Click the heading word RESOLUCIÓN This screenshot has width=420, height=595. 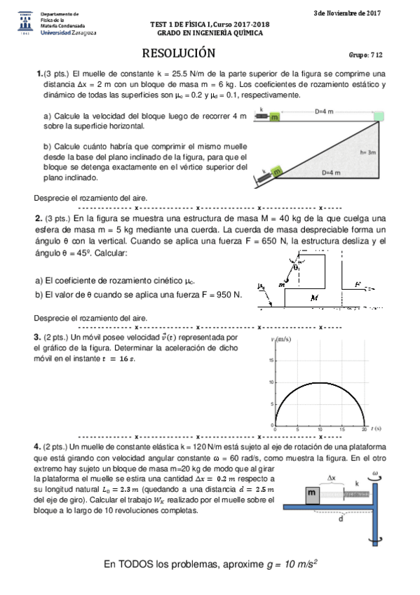[x=179, y=53]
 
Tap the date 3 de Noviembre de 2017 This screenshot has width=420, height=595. [x=348, y=13]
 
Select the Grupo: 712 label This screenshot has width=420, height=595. [x=365, y=55]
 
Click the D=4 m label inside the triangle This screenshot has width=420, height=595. [x=331, y=173]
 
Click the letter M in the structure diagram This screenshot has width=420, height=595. [x=314, y=298]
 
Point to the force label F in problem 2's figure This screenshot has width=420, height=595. [x=358, y=284]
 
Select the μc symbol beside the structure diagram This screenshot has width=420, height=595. [x=262, y=286]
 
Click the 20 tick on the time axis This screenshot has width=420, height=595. [x=363, y=429]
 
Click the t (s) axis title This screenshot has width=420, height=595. [x=377, y=427]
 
